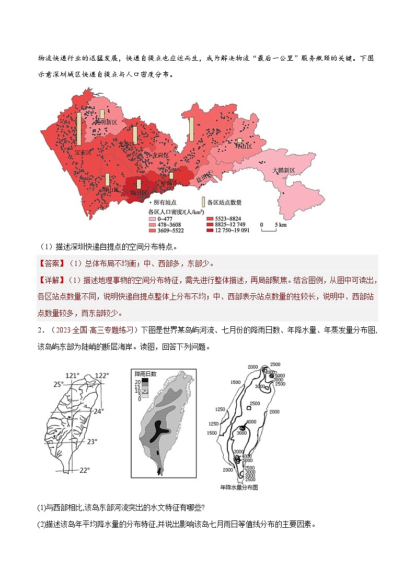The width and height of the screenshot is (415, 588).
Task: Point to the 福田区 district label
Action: pos(139,193)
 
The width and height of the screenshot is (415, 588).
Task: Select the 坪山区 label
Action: pos(243,147)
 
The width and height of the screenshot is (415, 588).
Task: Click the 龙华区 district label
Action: pos(126,143)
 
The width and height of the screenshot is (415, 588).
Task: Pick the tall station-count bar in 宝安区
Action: pos(79,128)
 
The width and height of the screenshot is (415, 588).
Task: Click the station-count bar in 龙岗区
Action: pos(192,132)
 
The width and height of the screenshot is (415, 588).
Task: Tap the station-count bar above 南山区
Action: pos(107,180)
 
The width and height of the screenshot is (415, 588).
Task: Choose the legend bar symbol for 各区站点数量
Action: pos(204,202)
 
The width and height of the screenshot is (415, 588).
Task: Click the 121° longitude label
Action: pos(73,375)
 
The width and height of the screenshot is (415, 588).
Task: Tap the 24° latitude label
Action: pos(99,411)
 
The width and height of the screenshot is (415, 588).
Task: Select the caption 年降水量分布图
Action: pos(239,487)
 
